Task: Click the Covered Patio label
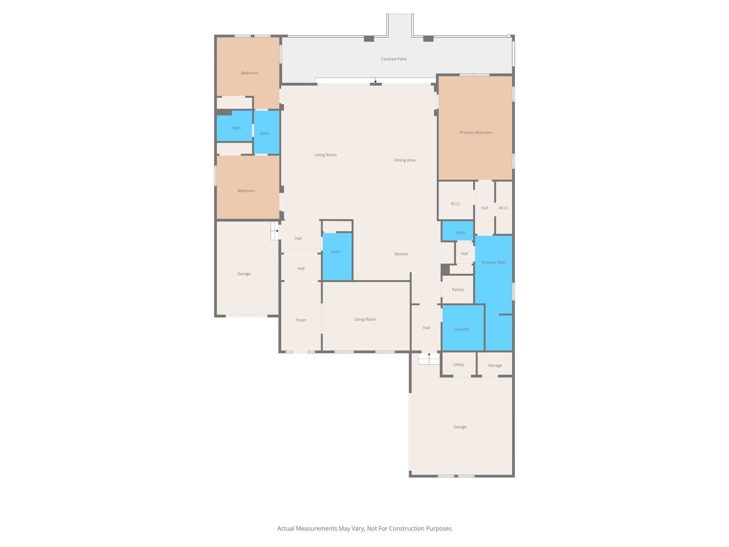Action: point(394,59)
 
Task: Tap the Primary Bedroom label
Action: point(476,132)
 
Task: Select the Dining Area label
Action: point(404,160)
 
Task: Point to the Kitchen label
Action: point(401,254)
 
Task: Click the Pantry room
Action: point(458,290)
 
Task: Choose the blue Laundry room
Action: point(462,329)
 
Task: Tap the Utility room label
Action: point(458,365)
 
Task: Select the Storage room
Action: point(495,365)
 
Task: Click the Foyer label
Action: point(301,320)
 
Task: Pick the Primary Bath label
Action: point(494,262)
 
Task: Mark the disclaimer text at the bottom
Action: point(364,528)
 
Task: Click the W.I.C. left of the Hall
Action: point(456,204)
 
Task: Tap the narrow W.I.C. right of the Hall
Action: point(504,208)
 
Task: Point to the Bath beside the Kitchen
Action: point(335,252)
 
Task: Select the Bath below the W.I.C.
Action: point(460,233)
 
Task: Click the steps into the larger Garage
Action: point(429,359)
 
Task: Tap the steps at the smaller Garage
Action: point(274,231)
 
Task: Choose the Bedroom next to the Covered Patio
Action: point(249,73)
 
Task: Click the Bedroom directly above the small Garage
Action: point(246,191)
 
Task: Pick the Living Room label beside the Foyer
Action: point(365,319)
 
